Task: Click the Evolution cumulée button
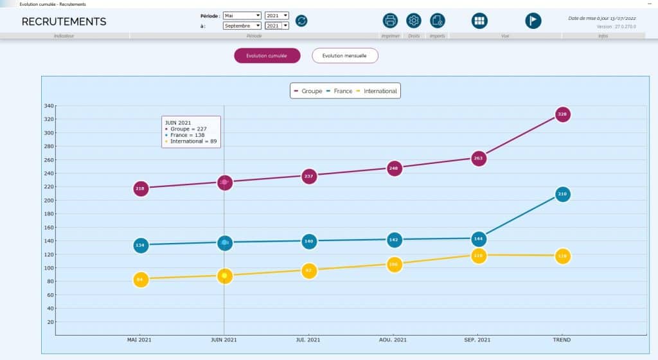(267, 56)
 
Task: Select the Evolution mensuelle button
(344, 56)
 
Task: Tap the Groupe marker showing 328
(562, 114)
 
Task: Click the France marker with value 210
(562, 194)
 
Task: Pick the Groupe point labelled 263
(478, 158)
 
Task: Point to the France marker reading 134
(141, 245)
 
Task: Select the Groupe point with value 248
(395, 168)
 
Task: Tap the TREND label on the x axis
(562, 339)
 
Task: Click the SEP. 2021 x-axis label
(477, 339)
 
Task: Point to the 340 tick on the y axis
(49, 106)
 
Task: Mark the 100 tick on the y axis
(49, 268)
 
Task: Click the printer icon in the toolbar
(390, 21)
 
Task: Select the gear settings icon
(414, 21)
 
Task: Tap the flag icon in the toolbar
(533, 21)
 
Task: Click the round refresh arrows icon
(301, 21)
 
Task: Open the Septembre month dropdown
(242, 26)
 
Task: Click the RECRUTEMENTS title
(64, 22)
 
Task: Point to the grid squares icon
(479, 21)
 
